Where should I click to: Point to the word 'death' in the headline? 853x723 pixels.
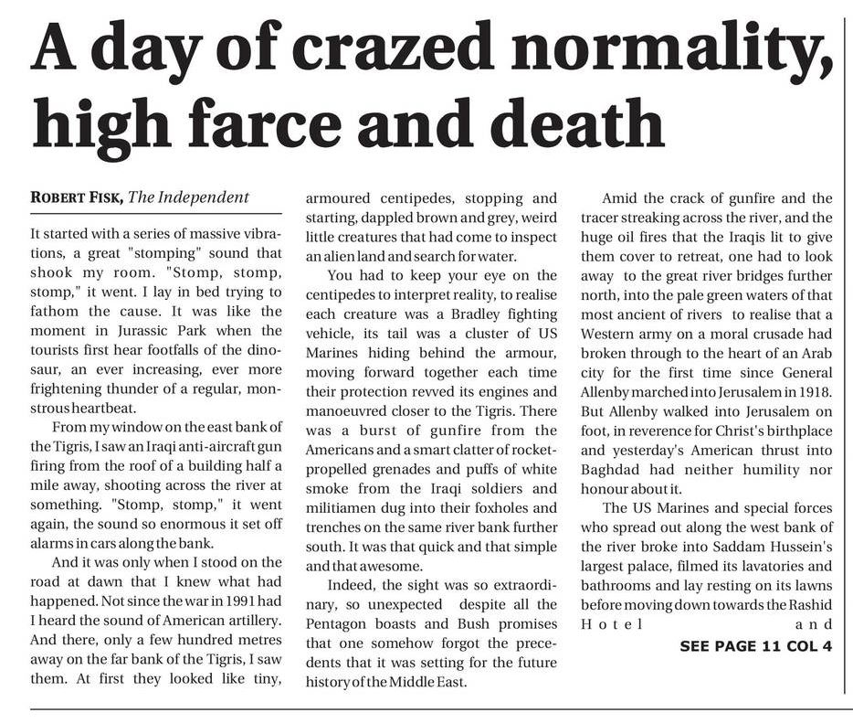click(572, 122)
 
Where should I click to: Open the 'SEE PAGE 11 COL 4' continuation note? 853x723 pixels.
click(756, 646)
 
